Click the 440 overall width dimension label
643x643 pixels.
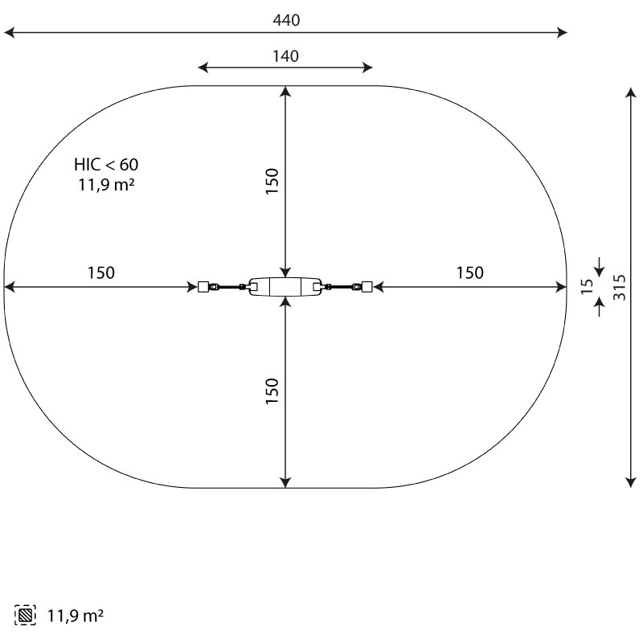tap(286, 20)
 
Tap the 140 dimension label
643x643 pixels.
tap(286, 56)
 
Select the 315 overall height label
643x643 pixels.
tap(620, 288)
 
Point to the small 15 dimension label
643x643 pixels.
tap(588, 286)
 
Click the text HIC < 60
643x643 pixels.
tap(106, 165)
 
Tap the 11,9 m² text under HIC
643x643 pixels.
tap(106, 185)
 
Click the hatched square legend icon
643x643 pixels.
tap(25, 615)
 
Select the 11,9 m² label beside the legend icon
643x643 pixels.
tap(76, 616)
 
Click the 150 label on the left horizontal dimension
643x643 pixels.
tap(101, 272)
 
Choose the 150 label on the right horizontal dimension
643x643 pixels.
tap(470, 272)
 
